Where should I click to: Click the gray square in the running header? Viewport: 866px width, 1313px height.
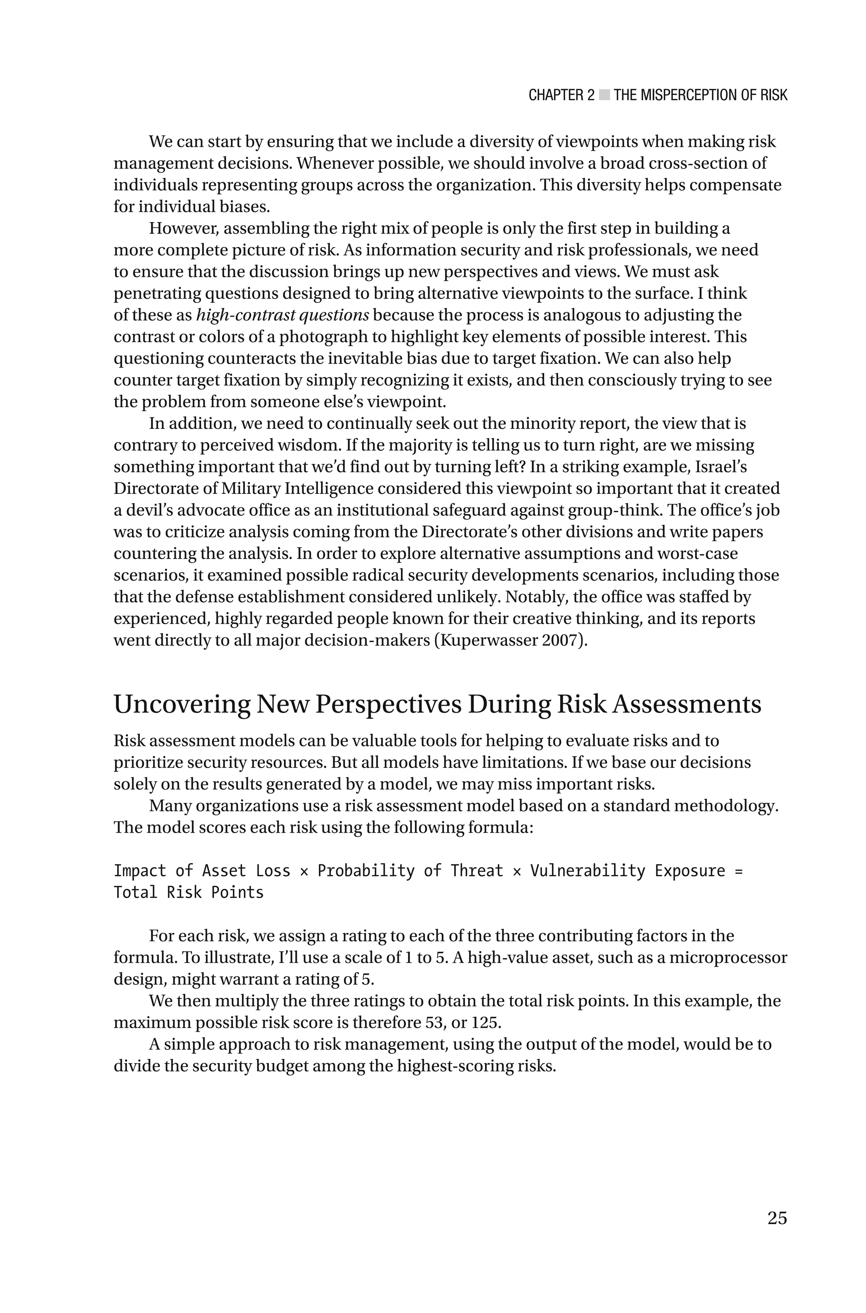604,95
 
